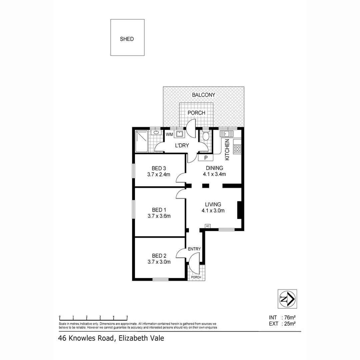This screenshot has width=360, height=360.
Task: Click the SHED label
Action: pos(127,39)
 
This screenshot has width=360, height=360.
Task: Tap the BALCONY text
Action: pos(203,95)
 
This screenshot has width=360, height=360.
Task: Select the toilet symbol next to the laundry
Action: pos(206,136)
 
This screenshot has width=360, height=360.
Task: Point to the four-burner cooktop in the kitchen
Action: pos(237,149)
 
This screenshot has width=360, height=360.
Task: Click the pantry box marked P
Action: pos(206,158)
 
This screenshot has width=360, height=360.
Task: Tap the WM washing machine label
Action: pos(169,134)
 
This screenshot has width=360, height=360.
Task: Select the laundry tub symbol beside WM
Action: pos(180,134)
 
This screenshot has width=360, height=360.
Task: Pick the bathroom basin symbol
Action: pos(156,133)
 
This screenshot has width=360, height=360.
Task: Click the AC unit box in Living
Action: pos(207,226)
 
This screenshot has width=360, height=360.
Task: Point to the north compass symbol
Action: pos(287,299)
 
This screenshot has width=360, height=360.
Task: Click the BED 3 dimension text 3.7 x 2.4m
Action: pos(159,174)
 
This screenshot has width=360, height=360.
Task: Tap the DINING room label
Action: pos(214,168)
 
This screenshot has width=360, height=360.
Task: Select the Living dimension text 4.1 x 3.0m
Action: pos(213,210)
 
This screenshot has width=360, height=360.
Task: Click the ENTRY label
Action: pos(194,249)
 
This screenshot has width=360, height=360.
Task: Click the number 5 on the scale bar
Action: pos(127,316)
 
